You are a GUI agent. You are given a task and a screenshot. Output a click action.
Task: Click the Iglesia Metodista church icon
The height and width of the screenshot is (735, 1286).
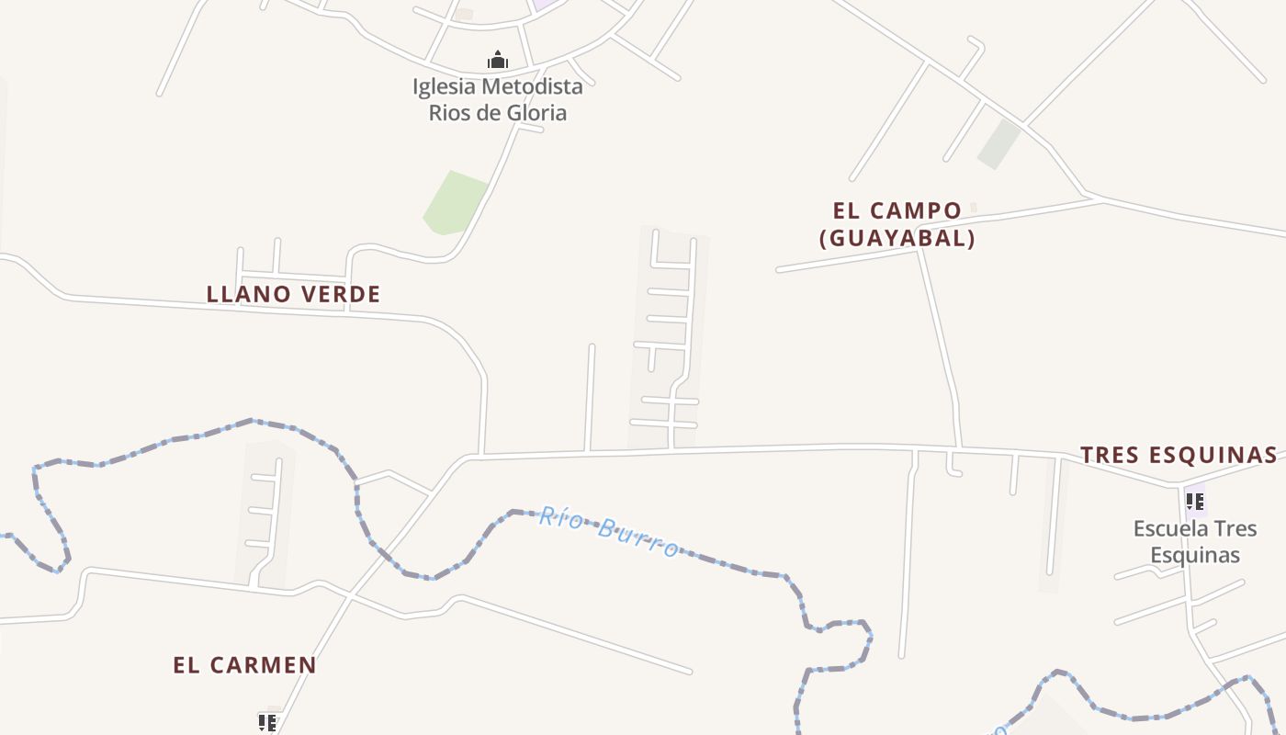[x=498, y=61]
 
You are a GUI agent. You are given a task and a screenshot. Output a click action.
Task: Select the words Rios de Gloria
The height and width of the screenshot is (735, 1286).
[x=498, y=113]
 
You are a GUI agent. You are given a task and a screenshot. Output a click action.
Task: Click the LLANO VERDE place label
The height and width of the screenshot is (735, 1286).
[x=293, y=295]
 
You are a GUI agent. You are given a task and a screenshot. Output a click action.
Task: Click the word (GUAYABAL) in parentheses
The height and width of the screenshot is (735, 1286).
[x=897, y=239]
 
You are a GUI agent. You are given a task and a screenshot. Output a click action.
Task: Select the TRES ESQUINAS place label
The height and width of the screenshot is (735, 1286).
[x=1179, y=455]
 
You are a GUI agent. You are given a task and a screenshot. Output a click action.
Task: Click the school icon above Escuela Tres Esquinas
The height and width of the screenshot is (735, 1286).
[x=1194, y=502]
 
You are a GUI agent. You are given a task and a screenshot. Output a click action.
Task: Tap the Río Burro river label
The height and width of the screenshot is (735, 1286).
[x=609, y=532]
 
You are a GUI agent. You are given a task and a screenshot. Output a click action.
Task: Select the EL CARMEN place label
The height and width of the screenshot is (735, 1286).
[x=244, y=665]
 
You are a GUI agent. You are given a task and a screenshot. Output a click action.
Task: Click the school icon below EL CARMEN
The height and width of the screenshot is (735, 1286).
[x=267, y=723]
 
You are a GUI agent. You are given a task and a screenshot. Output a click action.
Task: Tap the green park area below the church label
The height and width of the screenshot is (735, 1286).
[x=455, y=203]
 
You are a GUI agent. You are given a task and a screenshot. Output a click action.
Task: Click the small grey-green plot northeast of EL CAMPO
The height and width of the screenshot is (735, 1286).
[x=999, y=144]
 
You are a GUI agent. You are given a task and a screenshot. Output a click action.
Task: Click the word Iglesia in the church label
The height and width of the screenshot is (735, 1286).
[x=444, y=87]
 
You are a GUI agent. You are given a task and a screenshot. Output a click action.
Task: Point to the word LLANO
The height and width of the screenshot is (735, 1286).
[x=243, y=295]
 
